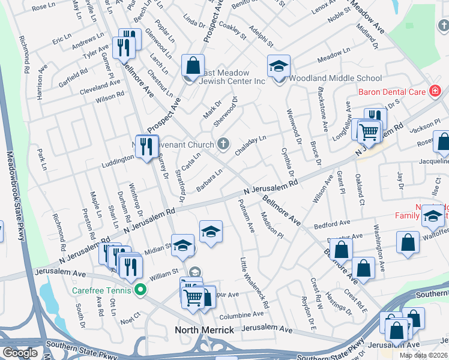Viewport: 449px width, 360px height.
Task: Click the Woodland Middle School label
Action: click(x=335, y=78)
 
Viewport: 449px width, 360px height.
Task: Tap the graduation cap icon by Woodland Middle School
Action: click(x=279, y=67)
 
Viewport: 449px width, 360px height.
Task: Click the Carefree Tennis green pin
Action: click(x=141, y=290)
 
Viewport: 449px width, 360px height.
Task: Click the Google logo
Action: click(x=20, y=353)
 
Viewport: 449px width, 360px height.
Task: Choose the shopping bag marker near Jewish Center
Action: click(x=193, y=67)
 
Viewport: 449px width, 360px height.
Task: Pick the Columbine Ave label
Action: click(x=242, y=314)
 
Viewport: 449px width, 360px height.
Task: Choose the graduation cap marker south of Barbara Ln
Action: click(x=211, y=232)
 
